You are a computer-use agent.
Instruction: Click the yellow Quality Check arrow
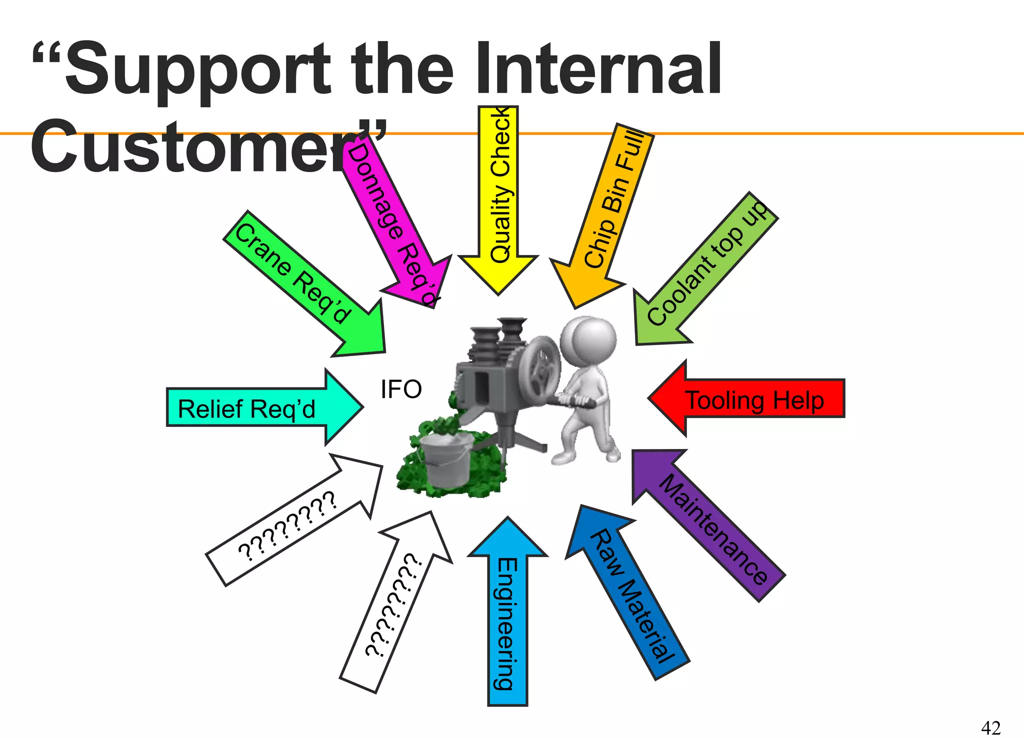click(498, 200)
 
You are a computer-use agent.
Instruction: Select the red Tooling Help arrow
click(750, 399)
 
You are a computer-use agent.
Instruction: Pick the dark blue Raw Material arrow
click(630, 595)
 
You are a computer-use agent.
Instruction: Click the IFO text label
click(401, 389)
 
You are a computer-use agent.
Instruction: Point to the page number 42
click(990, 727)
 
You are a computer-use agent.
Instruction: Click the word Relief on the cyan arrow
click(210, 408)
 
